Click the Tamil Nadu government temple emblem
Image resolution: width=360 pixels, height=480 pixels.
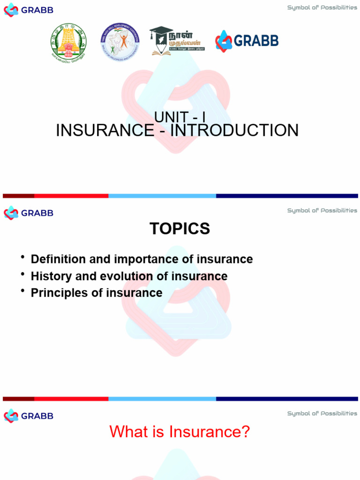click(x=68, y=41)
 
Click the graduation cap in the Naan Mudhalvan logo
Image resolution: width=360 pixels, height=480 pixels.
click(x=159, y=34)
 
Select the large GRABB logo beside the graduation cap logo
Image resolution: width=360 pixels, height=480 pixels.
click(x=247, y=41)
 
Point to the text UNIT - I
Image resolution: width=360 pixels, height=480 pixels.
click(x=180, y=118)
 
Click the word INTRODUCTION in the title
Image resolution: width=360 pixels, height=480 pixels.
click(x=234, y=130)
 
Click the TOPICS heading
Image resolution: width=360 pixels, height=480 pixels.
click(x=180, y=229)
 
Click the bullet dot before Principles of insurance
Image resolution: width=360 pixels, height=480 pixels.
click(x=23, y=291)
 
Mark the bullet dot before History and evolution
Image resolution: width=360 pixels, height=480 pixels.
click(x=23, y=274)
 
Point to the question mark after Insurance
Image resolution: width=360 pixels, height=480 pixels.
click(x=245, y=432)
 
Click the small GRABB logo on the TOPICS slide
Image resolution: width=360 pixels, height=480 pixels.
click(x=29, y=213)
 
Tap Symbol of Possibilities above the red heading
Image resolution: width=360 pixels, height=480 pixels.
click(x=322, y=413)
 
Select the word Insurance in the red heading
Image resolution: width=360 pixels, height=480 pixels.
click(x=204, y=432)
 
